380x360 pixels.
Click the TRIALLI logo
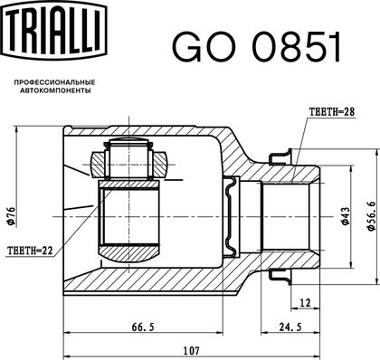55,30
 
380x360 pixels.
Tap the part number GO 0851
257,47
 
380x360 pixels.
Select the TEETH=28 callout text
332,112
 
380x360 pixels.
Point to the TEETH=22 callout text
30,250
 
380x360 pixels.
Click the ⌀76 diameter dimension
12,216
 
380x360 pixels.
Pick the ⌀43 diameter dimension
345,216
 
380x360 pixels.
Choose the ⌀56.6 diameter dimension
372,216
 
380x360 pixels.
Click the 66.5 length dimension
143,327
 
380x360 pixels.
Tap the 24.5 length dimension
290,327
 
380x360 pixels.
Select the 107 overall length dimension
192,351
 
